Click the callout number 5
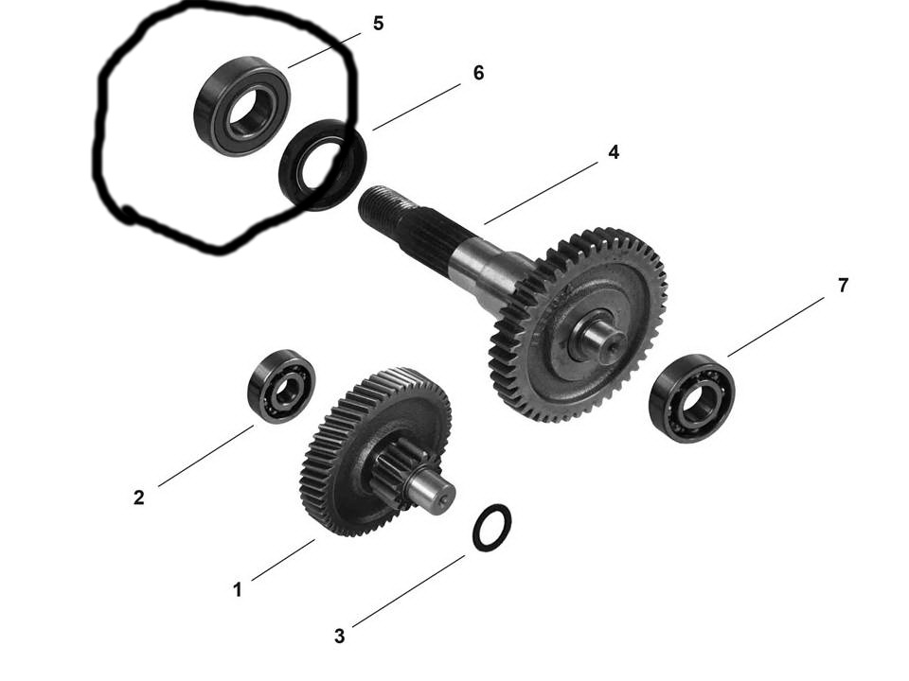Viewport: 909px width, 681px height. point(378,24)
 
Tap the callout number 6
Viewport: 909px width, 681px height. point(478,73)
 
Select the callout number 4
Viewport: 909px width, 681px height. point(614,152)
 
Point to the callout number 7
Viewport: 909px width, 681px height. point(843,285)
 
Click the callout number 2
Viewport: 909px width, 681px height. point(138,498)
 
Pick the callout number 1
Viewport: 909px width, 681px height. point(237,590)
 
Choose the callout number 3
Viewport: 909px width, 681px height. point(340,636)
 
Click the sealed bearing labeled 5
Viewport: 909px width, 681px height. point(241,105)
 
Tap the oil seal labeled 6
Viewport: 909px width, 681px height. point(322,165)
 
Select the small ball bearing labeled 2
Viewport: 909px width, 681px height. point(281,386)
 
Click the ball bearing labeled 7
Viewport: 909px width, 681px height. point(692,398)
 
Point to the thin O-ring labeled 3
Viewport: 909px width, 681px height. point(491,528)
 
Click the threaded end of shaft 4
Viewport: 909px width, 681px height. point(385,207)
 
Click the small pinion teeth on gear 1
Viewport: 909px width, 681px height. point(400,463)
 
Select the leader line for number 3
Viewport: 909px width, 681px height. point(409,590)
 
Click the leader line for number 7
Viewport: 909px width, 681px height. point(775,327)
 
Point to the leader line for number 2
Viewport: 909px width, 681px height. point(205,456)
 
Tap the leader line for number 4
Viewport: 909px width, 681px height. point(541,193)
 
